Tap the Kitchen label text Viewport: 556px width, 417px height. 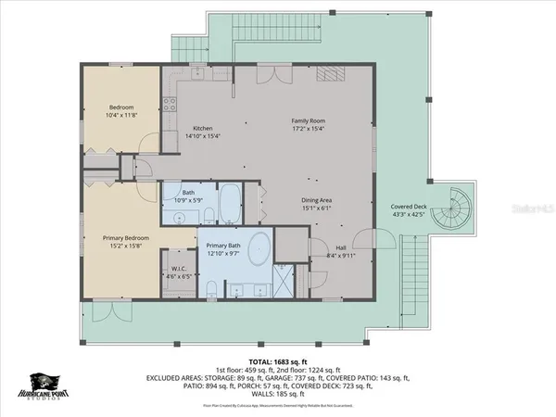pos(203,128)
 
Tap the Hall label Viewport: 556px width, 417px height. pos(341,247)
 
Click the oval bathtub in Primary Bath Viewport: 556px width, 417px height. pos(260,250)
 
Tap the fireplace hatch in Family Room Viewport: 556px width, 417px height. pos(332,74)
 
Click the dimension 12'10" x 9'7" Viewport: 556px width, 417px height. pos(224,253)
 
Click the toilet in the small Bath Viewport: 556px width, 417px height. pos(209,216)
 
